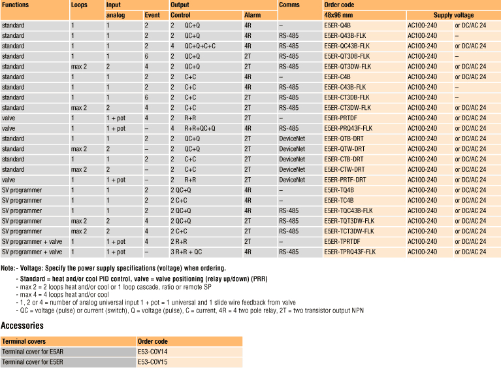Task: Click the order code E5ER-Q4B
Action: click(338, 25)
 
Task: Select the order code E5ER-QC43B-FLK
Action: click(347, 46)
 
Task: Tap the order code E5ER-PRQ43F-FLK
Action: click(348, 128)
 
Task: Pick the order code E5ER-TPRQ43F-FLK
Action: click(350, 252)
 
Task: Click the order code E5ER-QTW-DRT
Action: click(344, 149)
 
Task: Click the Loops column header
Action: click(78, 5)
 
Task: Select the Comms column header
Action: click(289, 5)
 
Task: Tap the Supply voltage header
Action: click(453, 15)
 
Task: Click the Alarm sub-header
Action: click(251, 15)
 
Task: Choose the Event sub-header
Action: click(152, 15)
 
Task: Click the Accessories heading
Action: click(23, 326)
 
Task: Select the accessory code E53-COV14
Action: click(153, 351)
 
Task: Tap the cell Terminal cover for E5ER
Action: click(33, 361)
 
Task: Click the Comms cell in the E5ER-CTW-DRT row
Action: click(291, 169)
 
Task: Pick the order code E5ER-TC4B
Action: click(338, 200)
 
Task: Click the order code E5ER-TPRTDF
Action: click(342, 241)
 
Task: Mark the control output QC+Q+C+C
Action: click(199, 46)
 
